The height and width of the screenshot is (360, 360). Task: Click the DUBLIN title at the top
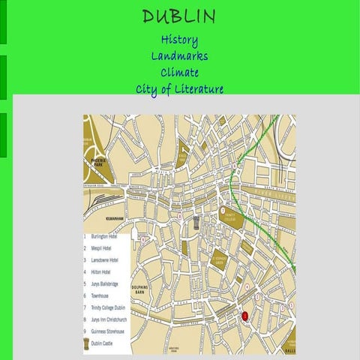179,16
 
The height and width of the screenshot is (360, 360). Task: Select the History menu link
179,40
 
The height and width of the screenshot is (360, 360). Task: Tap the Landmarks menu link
179,56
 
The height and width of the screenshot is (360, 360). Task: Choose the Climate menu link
179,73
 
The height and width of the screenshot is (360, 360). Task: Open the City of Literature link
179,89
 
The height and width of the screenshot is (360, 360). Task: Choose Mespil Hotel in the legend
101,247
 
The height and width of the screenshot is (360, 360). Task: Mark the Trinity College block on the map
227,215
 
